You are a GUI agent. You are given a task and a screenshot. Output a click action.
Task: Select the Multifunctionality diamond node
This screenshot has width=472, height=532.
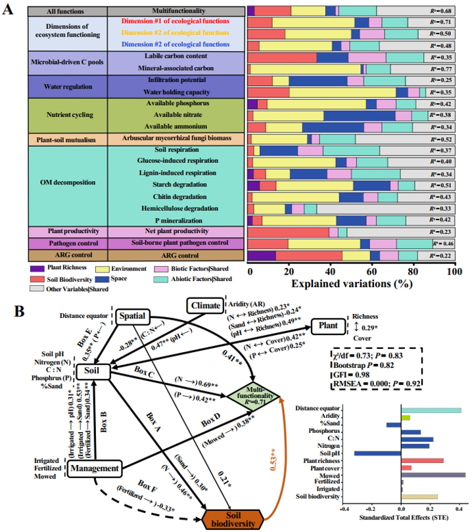252,394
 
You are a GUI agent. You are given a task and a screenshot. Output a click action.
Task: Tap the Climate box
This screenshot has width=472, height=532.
205,305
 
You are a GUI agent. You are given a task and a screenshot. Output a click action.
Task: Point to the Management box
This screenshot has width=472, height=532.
97,469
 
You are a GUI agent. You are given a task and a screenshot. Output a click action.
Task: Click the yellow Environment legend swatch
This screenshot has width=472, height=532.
102,268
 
